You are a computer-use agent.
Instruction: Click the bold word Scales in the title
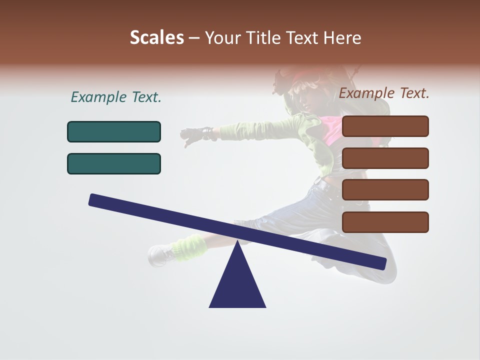pos(156,38)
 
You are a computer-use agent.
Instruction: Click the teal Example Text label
pos(116,97)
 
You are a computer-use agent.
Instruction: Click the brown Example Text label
pos(384,93)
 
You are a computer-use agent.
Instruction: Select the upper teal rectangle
pos(114,131)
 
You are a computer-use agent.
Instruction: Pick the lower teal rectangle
pos(114,163)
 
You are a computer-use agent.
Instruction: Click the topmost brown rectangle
pos(385,126)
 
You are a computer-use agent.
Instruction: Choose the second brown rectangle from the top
pos(385,158)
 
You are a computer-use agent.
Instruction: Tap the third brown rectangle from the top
pos(385,189)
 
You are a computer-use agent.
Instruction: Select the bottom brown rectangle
pos(385,222)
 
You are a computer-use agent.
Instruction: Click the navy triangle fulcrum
pos(237,282)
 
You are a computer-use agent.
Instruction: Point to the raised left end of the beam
pos(95,200)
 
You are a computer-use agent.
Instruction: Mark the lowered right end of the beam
pos(380,263)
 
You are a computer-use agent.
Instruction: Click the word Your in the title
pos(222,38)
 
